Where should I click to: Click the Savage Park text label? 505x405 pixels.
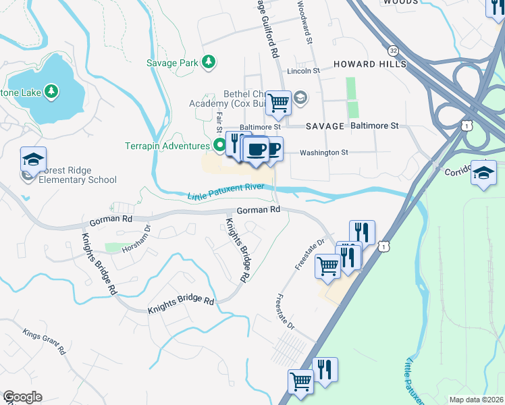pos(172,63)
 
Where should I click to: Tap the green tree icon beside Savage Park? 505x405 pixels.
pos(209,63)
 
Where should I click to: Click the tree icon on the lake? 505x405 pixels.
pos(51,91)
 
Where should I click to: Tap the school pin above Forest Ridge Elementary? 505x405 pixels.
pos(33,159)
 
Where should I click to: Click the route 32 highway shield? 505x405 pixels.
pos(394,51)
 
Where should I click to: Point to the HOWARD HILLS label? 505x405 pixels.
pos(370,63)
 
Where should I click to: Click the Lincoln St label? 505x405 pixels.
pos(303,71)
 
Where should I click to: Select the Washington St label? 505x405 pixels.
pos(324,153)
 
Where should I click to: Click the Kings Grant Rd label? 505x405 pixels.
pos(43,341)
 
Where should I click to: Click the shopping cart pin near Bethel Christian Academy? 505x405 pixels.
pos(277,103)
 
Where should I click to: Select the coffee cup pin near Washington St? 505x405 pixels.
pos(255,149)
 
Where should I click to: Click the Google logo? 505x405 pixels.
pos(22,397)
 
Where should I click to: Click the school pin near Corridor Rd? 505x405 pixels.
pos(483,172)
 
